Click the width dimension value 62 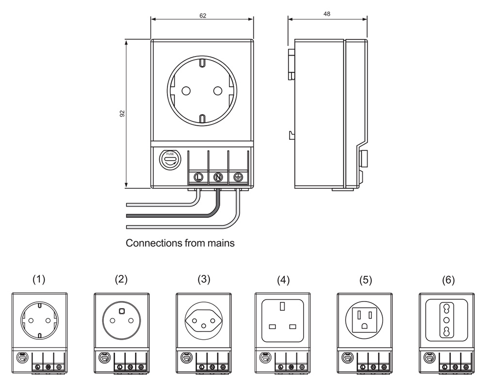203,15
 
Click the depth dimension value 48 327,15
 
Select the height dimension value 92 122,114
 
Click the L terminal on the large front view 198,177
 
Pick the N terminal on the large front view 218,177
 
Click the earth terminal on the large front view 238,177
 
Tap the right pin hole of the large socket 218,90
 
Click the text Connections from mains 180,243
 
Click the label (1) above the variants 39,279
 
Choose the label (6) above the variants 449,279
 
